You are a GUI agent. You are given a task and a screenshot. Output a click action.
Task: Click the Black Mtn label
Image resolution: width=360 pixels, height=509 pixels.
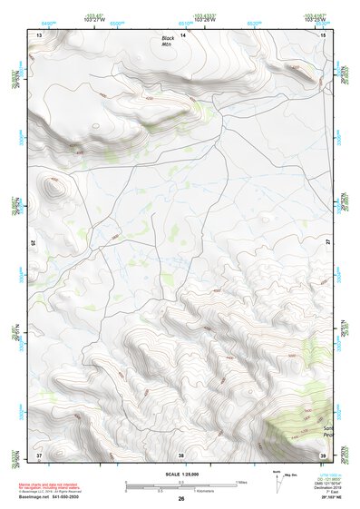pyautogui.click(x=168, y=42)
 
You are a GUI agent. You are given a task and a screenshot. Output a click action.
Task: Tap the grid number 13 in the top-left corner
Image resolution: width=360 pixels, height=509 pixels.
pyautogui.click(x=39, y=34)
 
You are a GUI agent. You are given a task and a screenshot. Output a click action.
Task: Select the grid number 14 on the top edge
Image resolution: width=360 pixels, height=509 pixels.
pyautogui.click(x=183, y=34)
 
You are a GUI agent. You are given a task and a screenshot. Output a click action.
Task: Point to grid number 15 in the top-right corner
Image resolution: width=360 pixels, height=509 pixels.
pyautogui.click(x=324, y=34)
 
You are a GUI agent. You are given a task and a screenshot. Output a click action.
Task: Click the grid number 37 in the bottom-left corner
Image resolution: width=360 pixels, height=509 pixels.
pyautogui.click(x=39, y=454)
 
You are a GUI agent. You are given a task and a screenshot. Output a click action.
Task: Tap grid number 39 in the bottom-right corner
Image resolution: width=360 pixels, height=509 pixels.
pyautogui.click(x=324, y=454)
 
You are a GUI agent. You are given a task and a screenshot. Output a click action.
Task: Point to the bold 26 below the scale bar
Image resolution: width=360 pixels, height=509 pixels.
pyautogui.click(x=181, y=498)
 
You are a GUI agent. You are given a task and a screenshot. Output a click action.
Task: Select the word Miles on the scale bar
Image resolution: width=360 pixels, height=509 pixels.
pyautogui.click(x=241, y=481)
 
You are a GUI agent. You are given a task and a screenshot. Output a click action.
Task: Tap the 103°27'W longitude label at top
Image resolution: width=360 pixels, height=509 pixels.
pyautogui.click(x=119, y=17)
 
